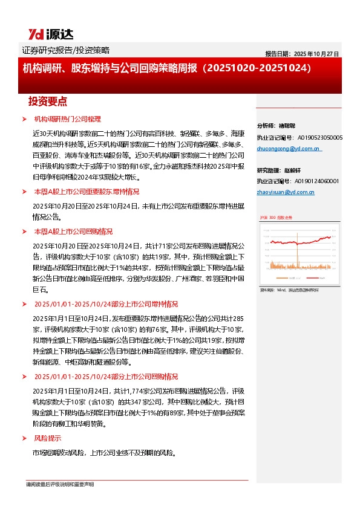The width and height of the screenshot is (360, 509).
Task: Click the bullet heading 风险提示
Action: point(48,438)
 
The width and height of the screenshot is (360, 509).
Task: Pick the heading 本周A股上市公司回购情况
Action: point(73,232)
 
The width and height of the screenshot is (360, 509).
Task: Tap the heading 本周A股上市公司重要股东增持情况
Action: point(87,192)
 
